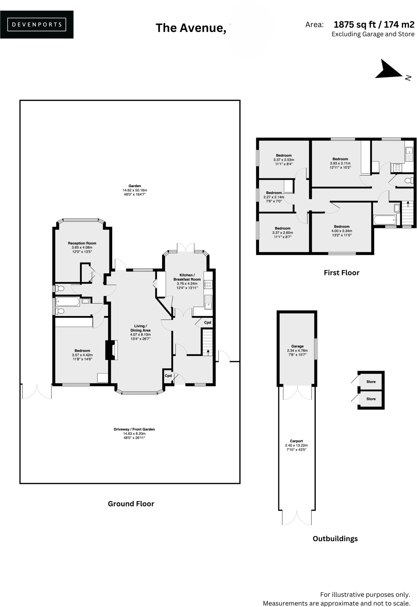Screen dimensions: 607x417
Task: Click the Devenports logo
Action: pos(37,25)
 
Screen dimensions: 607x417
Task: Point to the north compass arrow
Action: pos(390,70)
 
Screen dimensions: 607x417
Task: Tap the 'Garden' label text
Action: pos(135,186)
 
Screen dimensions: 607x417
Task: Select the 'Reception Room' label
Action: pos(82,243)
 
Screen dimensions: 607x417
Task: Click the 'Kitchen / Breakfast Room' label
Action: pos(187,277)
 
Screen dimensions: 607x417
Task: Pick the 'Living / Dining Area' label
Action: pos(140,328)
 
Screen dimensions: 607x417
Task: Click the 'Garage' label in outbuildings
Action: pos(297,346)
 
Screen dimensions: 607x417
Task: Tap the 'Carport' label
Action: pos(297,441)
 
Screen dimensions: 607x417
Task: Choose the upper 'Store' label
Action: pos(371,382)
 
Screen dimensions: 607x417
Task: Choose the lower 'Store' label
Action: pos(371,399)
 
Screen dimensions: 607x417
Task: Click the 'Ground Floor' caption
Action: pos(131,504)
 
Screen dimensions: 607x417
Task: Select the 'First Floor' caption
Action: pos(341,272)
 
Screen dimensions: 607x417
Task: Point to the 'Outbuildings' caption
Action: pos(335,538)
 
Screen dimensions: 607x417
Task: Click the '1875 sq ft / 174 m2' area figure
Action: pos(374,25)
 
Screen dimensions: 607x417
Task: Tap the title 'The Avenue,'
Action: pos(191,28)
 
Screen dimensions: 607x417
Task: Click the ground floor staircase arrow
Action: pos(208,351)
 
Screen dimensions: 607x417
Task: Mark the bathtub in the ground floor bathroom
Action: pos(68,302)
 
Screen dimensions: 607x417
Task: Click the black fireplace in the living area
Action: pos(109,350)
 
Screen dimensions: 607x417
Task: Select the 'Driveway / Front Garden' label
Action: pos(134,429)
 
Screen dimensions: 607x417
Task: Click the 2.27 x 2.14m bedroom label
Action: pos(274,193)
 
